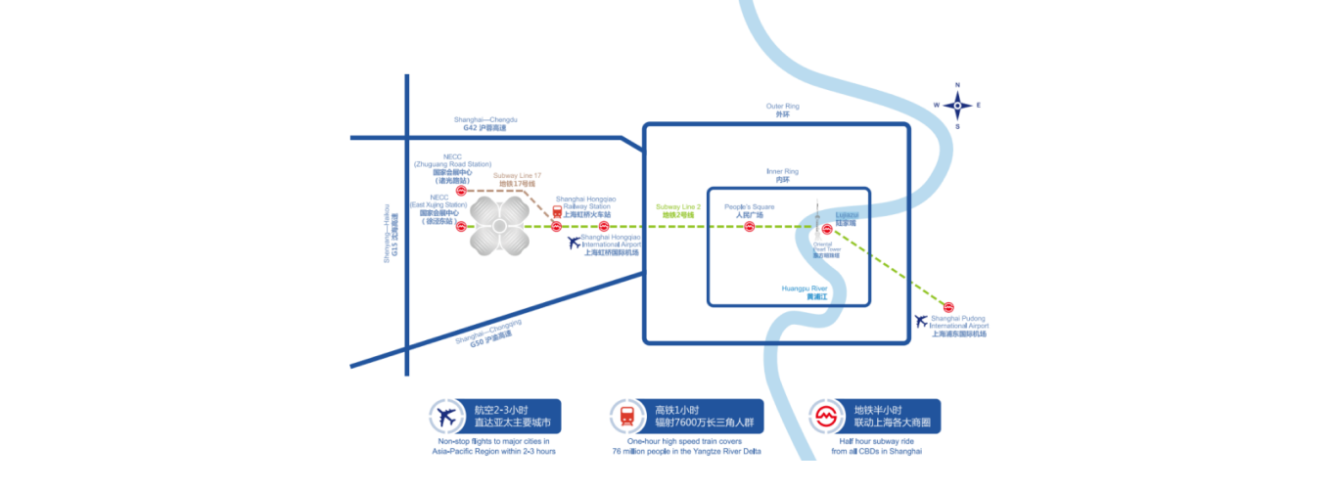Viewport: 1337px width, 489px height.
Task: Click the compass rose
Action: (957, 106)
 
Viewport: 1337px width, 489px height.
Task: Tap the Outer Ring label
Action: (782, 110)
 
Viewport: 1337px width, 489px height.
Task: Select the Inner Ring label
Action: (782, 176)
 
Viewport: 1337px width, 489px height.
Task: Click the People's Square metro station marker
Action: (750, 227)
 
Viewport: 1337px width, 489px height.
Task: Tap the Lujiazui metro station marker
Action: (827, 229)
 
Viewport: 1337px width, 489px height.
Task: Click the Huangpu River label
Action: (805, 292)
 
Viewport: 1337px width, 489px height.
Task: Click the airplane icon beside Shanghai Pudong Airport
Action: (920, 320)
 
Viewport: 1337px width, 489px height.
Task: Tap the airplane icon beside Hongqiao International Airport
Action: (574, 242)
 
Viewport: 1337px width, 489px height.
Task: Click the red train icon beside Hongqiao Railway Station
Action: (557, 210)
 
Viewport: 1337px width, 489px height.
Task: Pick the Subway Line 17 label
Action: (517, 179)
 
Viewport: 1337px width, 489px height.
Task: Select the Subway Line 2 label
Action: (678, 211)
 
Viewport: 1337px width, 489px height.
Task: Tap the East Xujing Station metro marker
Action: (460, 227)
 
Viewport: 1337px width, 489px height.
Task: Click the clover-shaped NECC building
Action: (499, 228)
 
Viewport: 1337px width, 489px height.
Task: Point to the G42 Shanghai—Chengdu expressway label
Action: (485, 123)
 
